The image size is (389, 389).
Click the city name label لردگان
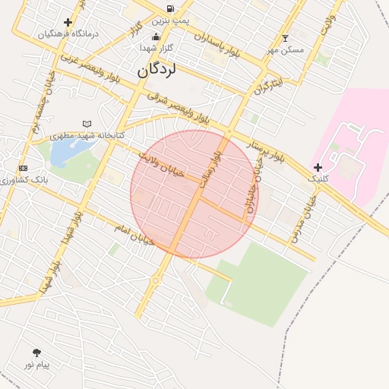(157, 71)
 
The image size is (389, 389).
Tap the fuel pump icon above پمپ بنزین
(169, 9)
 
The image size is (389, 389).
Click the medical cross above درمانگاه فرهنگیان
(68, 22)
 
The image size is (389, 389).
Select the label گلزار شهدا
(157, 48)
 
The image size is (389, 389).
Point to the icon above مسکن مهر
(285, 38)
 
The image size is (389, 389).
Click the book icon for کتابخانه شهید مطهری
(87, 124)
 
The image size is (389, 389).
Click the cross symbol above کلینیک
(318, 167)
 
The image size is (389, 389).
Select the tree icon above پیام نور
(36, 353)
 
